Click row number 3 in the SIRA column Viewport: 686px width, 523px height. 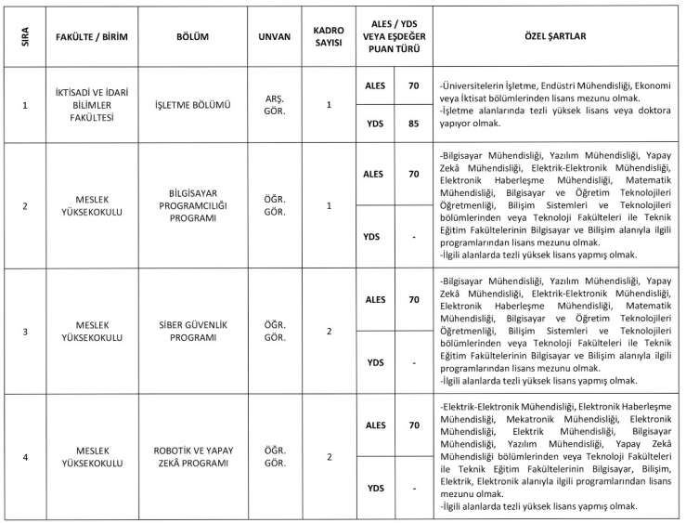click(x=25, y=331)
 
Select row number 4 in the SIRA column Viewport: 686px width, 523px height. click(x=25, y=456)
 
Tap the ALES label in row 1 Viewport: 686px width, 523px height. click(x=376, y=85)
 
